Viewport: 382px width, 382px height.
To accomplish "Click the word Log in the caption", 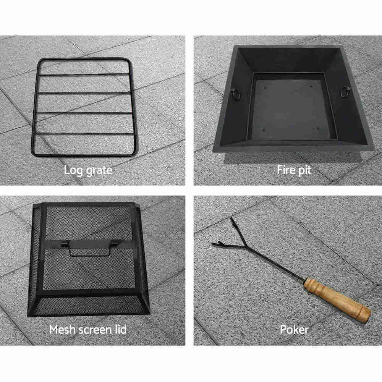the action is tap(72, 170).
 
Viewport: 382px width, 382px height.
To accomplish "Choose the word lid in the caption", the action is tap(121, 329).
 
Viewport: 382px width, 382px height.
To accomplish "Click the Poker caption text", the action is tap(294, 330).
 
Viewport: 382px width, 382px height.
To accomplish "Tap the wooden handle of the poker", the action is tap(337, 300).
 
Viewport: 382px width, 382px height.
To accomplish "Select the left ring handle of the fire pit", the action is tap(236, 94).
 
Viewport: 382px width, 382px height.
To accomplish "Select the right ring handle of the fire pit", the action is tap(345, 92).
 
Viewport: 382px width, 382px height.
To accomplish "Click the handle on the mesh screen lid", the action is tap(89, 247).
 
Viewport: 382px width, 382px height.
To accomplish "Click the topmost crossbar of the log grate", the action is tap(84, 75).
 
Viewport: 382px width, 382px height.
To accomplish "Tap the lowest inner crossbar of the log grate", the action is tap(83, 133).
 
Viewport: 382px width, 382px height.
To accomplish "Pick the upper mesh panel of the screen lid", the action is tap(89, 223).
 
